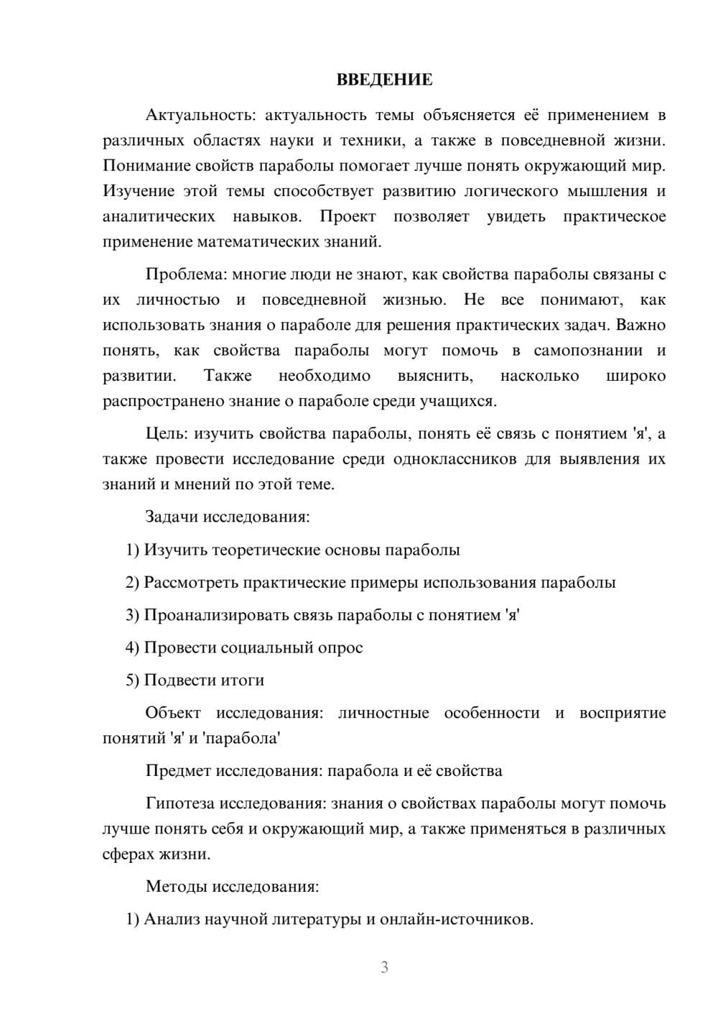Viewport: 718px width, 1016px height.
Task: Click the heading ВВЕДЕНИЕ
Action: tap(384, 80)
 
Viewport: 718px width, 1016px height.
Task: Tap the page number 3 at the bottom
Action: tap(384, 967)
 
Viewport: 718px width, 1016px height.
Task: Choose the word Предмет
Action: tap(175, 771)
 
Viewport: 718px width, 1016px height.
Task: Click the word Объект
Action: tap(172, 713)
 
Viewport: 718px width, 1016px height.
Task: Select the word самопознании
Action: tap(588, 351)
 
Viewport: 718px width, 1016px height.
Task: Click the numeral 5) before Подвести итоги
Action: tap(133, 680)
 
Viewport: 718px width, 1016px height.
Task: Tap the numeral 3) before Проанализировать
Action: tap(133, 615)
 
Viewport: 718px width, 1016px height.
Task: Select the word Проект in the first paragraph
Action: tap(348, 216)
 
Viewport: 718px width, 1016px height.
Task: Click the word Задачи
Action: tap(172, 517)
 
